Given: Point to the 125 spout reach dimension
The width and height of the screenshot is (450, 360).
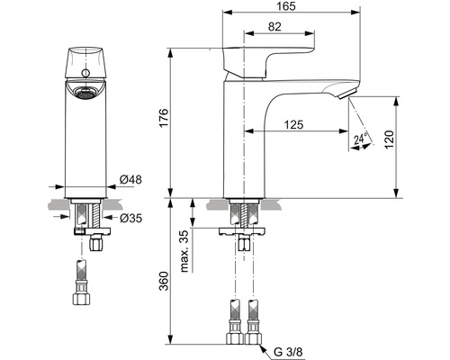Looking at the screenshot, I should coord(291,125).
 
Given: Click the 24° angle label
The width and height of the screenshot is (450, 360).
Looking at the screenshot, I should coord(360,139).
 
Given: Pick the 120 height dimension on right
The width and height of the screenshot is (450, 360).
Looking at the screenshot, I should coord(408,140).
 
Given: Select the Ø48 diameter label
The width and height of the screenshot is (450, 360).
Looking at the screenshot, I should coord(132,179).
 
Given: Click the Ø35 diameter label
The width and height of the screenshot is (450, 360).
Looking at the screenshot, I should coord(130,217).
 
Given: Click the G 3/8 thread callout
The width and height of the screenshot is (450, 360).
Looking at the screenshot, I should coord(290,352).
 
